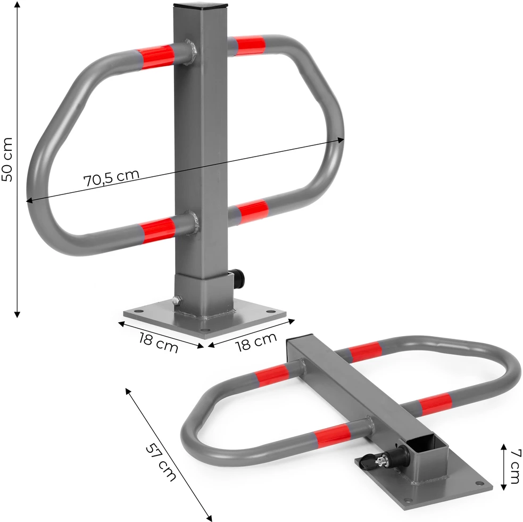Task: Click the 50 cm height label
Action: pyautogui.click(x=7, y=159)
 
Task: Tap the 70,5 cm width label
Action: pyautogui.click(x=111, y=178)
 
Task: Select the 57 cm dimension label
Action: pyautogui.click(x=161, y=462)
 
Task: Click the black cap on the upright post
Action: pyautogui.click(x=201, y=5)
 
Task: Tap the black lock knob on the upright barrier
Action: pyautogui.click(x=238, y=279)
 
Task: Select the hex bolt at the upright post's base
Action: pyautogui.click(x=177, y=300)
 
